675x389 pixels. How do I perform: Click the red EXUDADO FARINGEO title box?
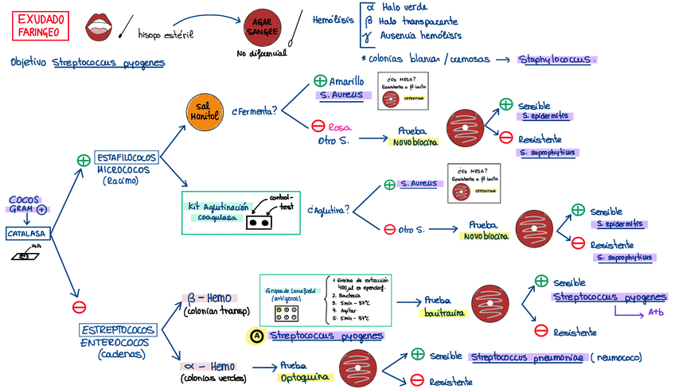[x=41, y=25]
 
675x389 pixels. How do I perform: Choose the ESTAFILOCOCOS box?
[x=127, y=157]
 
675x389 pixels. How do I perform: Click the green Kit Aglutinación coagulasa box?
[x=240, y=212]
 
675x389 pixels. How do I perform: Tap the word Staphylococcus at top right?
[x=557, y=59]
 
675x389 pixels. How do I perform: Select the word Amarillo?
[x=347, y=81]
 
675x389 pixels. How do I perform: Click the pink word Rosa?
[x=340, y=126]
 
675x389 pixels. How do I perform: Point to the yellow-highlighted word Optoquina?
[x=300, y=378]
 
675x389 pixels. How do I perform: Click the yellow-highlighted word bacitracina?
[x=443, y=313]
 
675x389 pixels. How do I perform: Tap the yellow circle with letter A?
[x=256, y=336]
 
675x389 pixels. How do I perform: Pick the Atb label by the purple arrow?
[x=657, y=312]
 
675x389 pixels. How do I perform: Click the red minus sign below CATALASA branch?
[x=79, y=307]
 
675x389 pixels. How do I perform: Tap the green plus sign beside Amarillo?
[x=319, y=81]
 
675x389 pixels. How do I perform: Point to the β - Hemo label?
[x=209, y=298]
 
